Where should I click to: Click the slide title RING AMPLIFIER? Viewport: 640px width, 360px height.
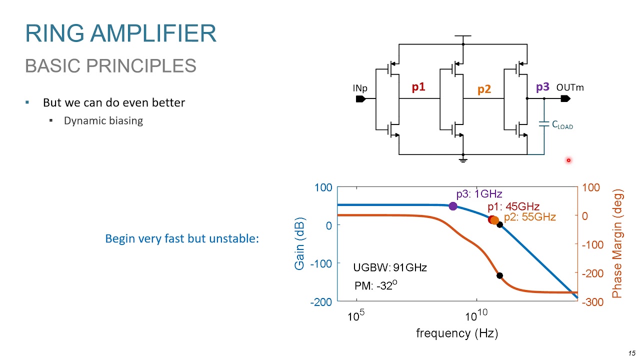click(120, 33)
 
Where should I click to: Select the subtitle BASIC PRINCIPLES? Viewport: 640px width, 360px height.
click(110, 65)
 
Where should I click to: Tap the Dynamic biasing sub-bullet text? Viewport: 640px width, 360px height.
click(103, 120)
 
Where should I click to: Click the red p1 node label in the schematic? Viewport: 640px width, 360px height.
click(418, 87)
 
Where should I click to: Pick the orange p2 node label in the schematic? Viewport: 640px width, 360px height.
click(484, 89)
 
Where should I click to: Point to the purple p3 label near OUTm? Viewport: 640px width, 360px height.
click(542, 87)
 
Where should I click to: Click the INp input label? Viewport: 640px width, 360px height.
click(360, 88)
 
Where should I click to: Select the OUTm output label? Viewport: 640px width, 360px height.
click(570, 87)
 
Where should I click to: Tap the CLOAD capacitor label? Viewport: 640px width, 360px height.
click(562, 125)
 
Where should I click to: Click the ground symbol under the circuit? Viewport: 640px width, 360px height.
click(463, 159)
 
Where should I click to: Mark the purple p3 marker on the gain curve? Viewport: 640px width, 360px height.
click(453, 206)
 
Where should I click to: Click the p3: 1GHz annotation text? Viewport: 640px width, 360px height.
click(479, 194)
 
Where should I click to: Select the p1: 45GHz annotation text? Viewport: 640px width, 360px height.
click(513, 206)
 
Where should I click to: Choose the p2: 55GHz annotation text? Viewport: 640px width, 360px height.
click(529, 217)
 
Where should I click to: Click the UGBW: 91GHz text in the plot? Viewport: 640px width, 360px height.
click(390, 267)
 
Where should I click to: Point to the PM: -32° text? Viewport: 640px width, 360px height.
click(375, 285)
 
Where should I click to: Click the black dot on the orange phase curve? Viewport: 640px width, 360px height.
click(499, 275)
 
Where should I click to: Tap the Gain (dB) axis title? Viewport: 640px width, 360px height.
click(299, 243)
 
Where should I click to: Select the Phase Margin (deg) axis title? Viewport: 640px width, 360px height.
click(617, 243)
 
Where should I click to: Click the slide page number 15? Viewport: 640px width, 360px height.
click(632, 353)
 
